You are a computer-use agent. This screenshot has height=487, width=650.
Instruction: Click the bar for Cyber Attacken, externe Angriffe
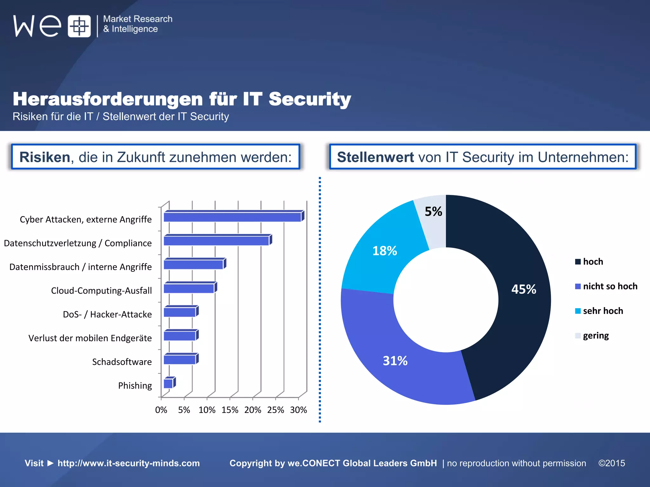click(x=232, y=217)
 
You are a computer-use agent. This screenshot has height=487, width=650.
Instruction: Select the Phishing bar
click(x=169, y=384)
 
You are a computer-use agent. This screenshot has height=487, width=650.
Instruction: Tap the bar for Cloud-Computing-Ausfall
click(x=189, y=289)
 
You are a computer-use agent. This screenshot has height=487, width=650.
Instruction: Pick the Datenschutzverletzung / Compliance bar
click(x=216, y=241)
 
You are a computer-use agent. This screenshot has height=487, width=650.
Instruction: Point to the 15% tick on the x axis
click(x=230, y=410)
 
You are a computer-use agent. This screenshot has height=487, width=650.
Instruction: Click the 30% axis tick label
click(x=298, y=410)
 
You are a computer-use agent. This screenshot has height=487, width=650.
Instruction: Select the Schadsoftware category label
click(x=122, y=362)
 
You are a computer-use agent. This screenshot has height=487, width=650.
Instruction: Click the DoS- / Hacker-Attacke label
click(x=107, y=314)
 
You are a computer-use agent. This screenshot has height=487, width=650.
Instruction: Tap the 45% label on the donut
click(x=524, y=289)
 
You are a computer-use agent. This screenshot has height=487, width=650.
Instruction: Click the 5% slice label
click(x=433, y=211)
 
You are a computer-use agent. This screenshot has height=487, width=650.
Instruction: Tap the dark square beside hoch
click(x=578, y=262)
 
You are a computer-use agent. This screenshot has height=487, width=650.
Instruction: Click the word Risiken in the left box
click(x=45, y=157)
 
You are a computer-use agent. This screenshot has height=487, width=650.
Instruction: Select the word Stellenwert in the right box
click(x=375, y=157)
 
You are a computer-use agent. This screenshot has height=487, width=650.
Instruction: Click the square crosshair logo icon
click(x=79, y=26)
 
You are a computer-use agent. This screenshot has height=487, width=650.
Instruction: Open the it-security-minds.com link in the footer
click(x=129, y=463)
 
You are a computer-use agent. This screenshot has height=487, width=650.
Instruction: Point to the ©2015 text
click(x=612, y=463)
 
